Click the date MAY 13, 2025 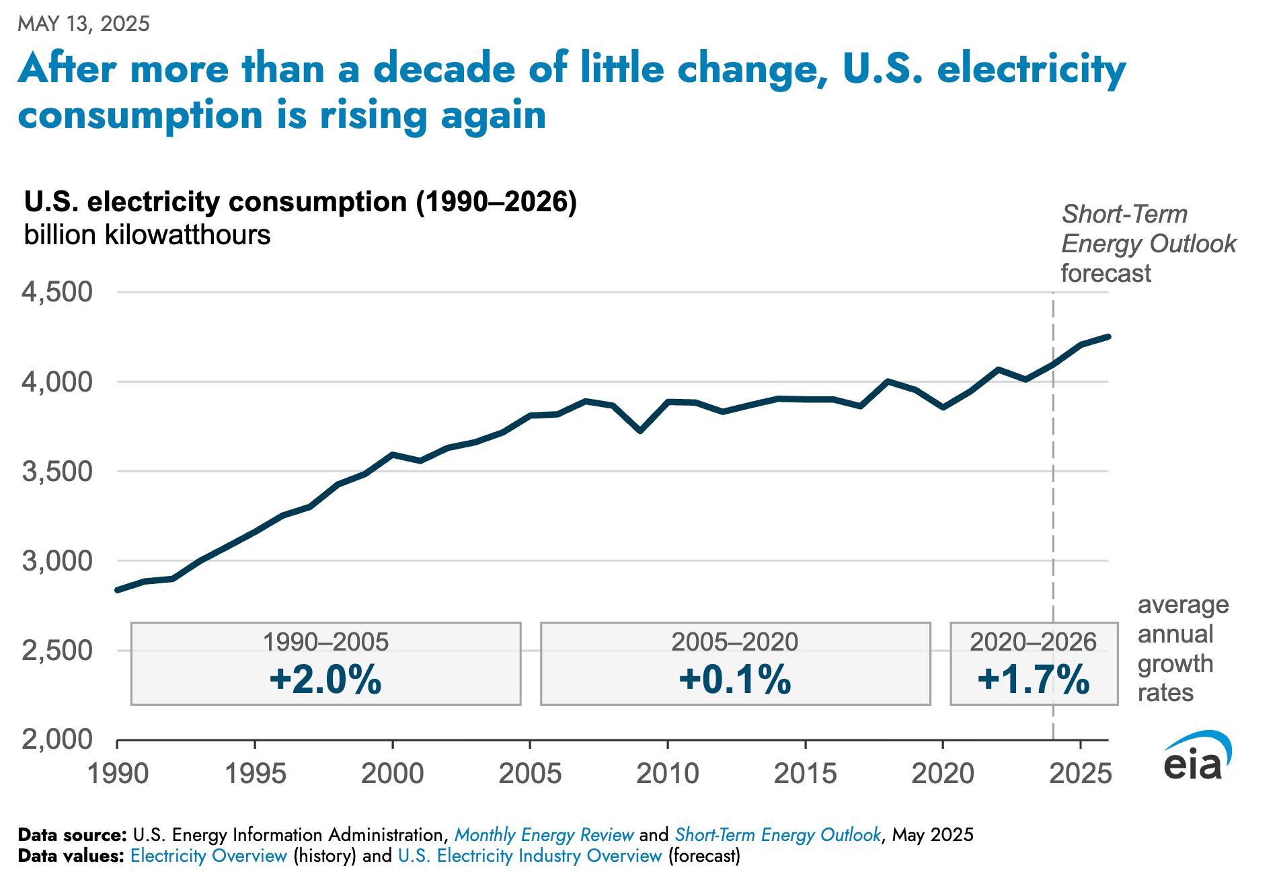[x=83, y=24]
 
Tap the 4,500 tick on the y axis [x=57, y=293]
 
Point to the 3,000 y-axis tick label [x=57, y=561]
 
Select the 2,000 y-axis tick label [x=57, y=739]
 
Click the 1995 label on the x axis [x=255, y=774]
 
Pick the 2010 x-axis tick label [x=667, y=774]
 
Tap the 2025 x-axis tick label [x=1080, y=774]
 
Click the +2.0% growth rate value [x=325, y=679]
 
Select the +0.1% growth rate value [x=735, y=679]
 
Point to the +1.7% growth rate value [x=1034, y=679]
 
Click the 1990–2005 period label [x=325, y=642]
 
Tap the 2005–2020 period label [x=735, y=642]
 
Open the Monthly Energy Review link [x=544, y=835]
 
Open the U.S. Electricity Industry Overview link [x=530, y=856]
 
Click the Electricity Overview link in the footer [x=208, y=856]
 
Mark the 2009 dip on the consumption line [x=640, y=431]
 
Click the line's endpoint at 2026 [x=1108, y=336]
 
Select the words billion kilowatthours [x=147, y=235]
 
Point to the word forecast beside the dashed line [x=1106, y=273]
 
